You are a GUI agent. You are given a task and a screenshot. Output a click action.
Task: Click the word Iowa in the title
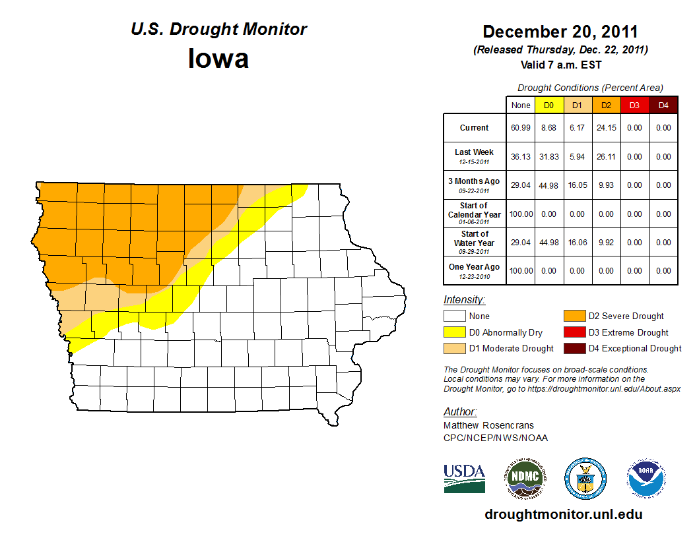coord(218,59)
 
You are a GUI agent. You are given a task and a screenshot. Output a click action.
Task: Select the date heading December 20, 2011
coord(560,32)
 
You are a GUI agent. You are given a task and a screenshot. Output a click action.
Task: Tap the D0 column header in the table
coord(549,105)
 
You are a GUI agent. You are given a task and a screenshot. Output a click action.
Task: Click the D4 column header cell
coord(663,105)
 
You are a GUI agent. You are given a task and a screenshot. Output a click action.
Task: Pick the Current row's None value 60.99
coord(520,128)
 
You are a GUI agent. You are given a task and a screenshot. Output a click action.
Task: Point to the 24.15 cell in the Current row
coord(606,128)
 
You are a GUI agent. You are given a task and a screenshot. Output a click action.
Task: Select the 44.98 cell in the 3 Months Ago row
coord(549,185)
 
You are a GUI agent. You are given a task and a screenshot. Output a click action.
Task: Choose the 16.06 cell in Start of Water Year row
coord(578,243)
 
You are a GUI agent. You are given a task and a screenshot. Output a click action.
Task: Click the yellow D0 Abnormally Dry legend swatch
coord(454,332)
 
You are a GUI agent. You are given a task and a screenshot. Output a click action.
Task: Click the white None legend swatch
coord(454,316)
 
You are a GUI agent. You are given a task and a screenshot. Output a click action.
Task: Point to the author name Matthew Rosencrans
coord(488,425)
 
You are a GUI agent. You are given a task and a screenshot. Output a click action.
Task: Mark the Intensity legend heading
coord(464,300)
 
